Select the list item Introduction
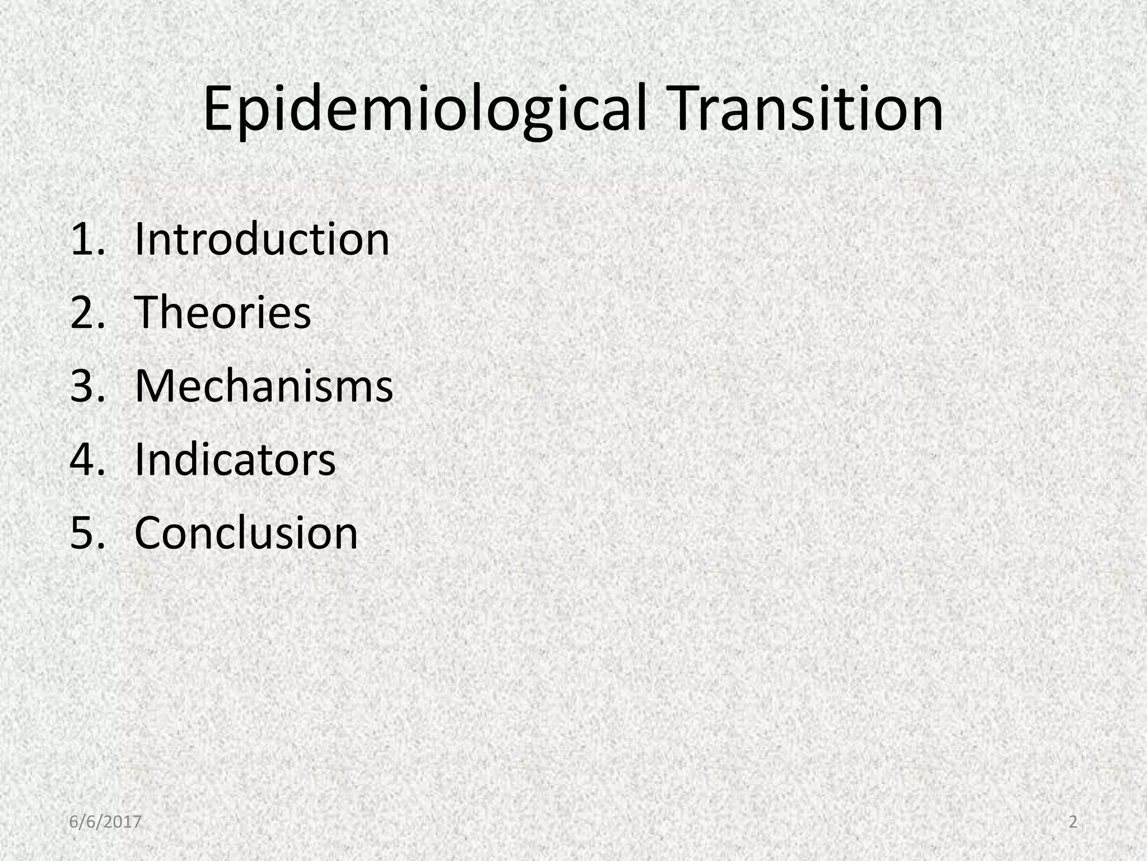point(262,239)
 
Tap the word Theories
point(222,313)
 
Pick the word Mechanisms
point(264,386)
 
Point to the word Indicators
point(235,460)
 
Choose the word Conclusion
point(246,533)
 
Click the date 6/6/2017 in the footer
point(105,822)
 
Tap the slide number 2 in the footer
point(1073,822)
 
